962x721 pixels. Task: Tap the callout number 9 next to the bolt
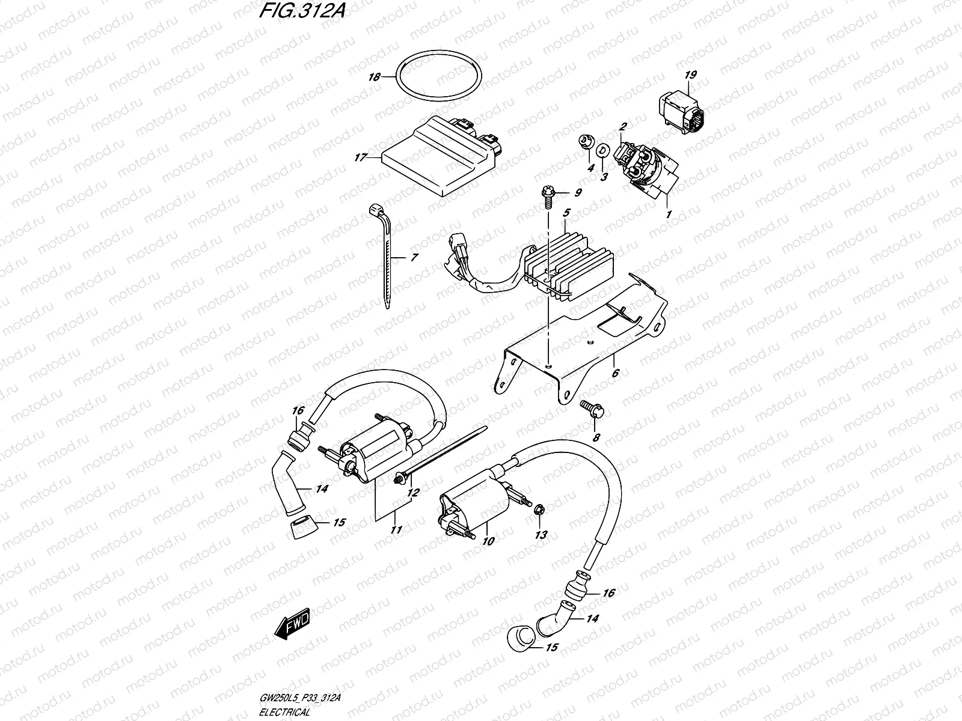pyautogui.click(x=578, y=193)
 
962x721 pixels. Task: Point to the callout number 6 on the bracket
pyautogui.click(x=615, y=373)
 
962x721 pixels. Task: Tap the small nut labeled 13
pyautogui.click(x=539, y=510)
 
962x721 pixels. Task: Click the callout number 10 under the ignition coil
pyautogui.click(x=488, y=541)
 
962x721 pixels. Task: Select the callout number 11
pyautogui.click(x=395, y=530)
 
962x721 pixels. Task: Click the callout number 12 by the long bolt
pyautogui.click(x=412, y=493)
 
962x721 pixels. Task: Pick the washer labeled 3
pyautogui.click(x=604, y=149)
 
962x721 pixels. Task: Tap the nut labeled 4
pyautogui.click(x=584, y=142)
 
